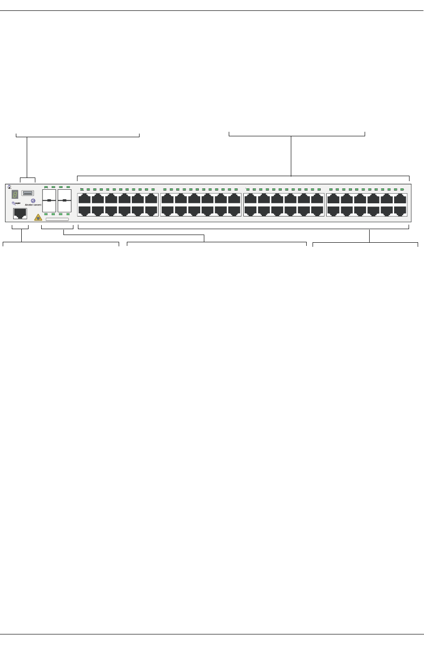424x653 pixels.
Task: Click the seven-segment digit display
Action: pyautogui.click(x=15, y=195)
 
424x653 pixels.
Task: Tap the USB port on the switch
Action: pyautogui.click(x=28, y=193)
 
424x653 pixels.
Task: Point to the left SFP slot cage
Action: pyautogui.click(x=49, y=200)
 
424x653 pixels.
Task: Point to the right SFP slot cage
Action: pyautogui.click(x=65, y=200)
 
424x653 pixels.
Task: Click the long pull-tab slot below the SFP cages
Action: pyautogui.click(x=57, y=219)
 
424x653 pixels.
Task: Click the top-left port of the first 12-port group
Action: pyautogui.click(x=85, y=199)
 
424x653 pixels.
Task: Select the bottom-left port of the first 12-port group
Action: pyautogui.click(x=85, y=211)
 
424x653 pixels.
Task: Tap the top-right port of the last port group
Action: pyautogui.click(x=400, y=199)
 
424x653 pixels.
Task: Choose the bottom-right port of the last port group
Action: pyautogui.click(x=400, y=211)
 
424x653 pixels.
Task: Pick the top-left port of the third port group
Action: pyautogui.click(x=251, y=199)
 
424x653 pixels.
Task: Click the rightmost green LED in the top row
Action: pyautogui.click(x=402, y=189)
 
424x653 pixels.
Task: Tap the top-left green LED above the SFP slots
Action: pyautogui.click(x=46, y=187)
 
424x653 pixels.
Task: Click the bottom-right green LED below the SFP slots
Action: pyautogui.click(x=68, y=214)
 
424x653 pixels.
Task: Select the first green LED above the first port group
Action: pyautogui.click(x=82, y=189)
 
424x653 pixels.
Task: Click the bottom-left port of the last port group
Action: pyautogui.click(x=333, y=211)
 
